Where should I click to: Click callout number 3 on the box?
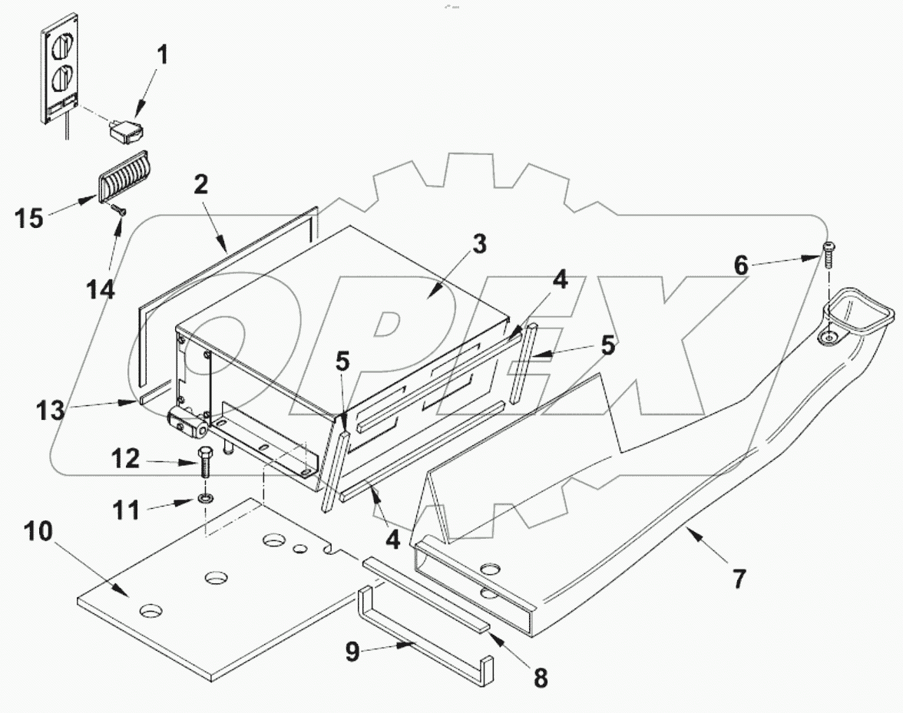pyautogui.click(x=478, y=246)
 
